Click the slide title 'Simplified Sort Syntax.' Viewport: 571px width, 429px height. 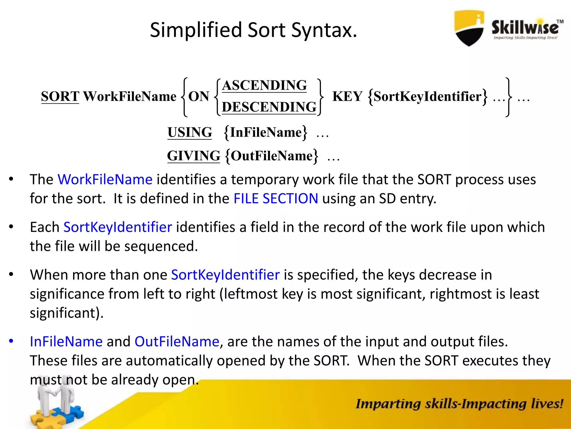253,30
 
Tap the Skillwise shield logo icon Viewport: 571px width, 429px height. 469,28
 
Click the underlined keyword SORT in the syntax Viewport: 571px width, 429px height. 60,96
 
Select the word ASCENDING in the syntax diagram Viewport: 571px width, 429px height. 264,85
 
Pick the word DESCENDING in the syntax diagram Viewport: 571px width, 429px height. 269,107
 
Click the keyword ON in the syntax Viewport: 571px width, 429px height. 199,96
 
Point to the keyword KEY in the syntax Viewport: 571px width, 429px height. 347,96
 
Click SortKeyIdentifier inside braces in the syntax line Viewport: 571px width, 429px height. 427,96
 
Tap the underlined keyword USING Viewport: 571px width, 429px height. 190,132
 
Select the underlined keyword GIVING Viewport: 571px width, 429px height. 193,156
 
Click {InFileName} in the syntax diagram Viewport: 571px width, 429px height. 265,132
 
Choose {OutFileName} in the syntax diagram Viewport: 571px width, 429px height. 271,156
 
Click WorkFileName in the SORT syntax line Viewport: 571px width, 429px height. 130,96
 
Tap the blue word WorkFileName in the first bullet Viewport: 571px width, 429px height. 105,179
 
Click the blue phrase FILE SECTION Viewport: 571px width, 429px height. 275,199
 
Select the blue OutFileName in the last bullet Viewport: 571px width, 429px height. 177,342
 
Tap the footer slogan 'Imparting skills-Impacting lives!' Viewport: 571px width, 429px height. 459,404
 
